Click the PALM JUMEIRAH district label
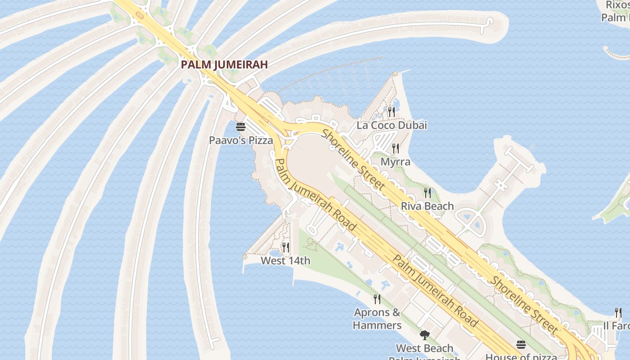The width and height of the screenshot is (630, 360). point(224,65)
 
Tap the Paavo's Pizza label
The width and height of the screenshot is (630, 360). point(241,140)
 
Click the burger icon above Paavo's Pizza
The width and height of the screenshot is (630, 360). point(241,126)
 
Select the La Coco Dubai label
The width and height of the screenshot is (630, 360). point(391,125)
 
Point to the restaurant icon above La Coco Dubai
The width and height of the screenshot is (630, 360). point(391,111)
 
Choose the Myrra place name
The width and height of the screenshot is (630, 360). point(396,162)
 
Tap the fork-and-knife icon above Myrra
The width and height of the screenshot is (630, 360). point(396,148)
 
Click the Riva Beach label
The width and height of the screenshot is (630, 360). point(427,206)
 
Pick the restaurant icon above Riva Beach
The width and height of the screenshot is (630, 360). point(427,193)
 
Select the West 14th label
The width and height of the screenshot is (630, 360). point(285,261)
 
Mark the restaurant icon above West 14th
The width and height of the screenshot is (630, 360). point(285,247)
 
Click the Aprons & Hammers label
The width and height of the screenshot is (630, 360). point(377,319)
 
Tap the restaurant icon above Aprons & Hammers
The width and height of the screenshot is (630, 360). point(377,298)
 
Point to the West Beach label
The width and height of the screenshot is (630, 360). point(424,348)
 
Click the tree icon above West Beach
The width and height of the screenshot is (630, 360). point(424,335)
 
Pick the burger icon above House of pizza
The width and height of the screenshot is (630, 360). point(521,345)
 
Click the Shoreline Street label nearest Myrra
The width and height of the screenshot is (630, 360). point(354,159)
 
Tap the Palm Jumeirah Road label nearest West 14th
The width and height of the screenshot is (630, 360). point(315,195)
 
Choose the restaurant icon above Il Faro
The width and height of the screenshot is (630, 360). point(618,312)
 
